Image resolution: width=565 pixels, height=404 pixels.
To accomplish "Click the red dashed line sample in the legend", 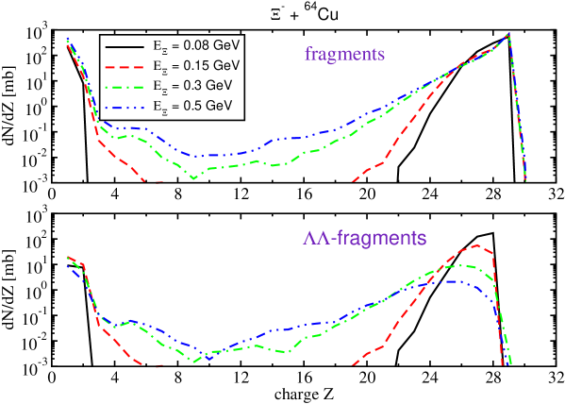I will pyautogui.click(x=125, y=67).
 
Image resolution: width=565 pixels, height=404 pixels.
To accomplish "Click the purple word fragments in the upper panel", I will pyautogui.click(x=344, y=54).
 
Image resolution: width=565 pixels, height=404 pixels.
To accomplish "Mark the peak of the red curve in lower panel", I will pyautogui.click(x=479, y=244).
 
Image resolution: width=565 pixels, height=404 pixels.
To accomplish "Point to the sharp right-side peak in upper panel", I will pyautogui.click(x=508, y=34).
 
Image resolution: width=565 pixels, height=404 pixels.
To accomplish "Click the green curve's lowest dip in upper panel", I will pyautogui.click(x=193, y=177).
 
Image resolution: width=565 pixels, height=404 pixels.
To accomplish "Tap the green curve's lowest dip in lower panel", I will pyautogui.click(x=194, y=361).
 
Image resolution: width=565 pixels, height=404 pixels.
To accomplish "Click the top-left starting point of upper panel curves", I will pyautogui.click(x=68, y=41).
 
